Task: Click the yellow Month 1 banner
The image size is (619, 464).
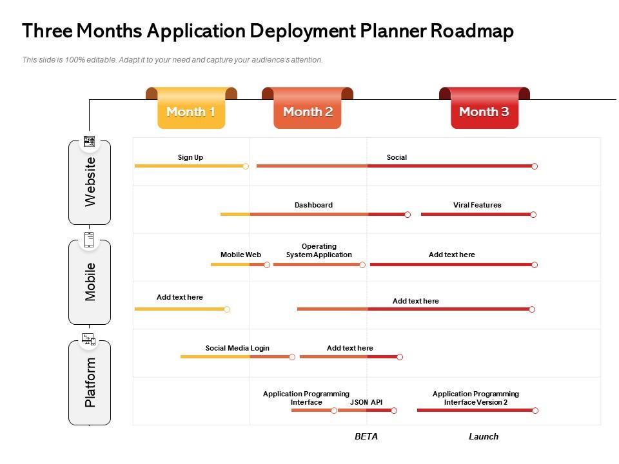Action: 192,108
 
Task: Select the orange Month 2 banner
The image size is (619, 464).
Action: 308,108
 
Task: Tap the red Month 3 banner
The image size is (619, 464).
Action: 484,108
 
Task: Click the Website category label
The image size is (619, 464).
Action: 90,182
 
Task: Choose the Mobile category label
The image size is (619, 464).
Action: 90,282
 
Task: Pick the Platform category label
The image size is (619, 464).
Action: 90,382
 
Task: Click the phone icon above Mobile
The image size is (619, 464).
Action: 89,240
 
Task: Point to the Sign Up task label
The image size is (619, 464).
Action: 190,157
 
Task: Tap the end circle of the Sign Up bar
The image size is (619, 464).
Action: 246,166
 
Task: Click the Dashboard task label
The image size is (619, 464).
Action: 313,205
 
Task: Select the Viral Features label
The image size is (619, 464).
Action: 477,205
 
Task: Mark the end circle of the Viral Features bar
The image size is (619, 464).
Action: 533,215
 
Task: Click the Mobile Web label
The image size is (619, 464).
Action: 241,255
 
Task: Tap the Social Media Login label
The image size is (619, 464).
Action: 237,349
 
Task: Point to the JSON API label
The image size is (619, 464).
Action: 366,402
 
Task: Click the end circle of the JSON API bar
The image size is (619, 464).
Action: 394,411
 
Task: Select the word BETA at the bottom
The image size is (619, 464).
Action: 366,436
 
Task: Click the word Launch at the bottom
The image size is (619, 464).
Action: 484,436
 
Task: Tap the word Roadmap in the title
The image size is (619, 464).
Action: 472,31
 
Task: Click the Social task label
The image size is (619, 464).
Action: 397,157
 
